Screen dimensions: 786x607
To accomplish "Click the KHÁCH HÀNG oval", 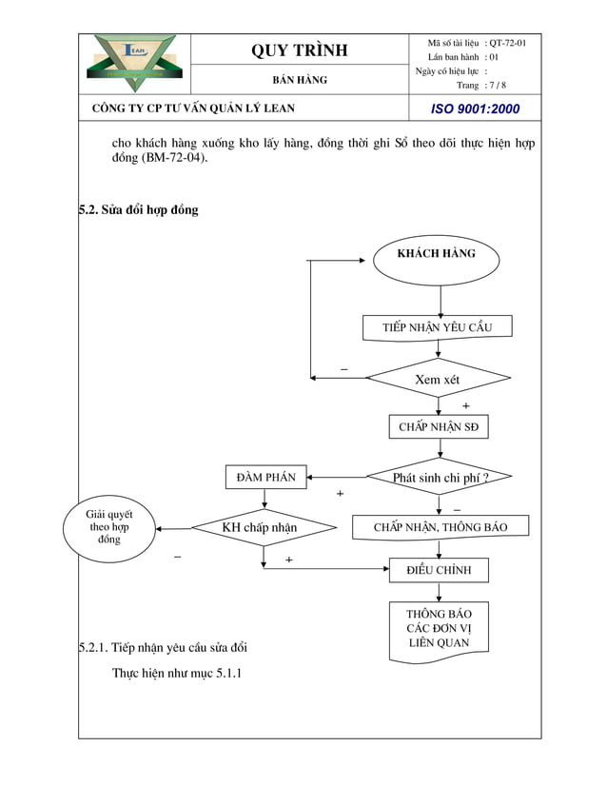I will pos(436,254).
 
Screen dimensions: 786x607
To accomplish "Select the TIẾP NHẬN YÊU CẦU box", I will pos(438,327).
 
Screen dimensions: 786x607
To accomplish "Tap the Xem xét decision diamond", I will pos(438,379).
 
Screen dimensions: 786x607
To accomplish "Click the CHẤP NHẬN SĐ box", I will pos(439,427).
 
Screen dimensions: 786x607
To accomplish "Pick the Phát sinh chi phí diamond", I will pos(440,477).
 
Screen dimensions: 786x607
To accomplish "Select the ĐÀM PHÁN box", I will pos(266,477).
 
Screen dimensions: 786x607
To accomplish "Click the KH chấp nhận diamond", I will pos(260,527).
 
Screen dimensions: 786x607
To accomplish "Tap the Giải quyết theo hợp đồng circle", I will pos(109,526).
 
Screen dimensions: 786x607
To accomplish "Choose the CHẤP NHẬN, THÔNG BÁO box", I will pos(441,526).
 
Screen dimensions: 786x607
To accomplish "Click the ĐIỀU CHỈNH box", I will pos(440,570).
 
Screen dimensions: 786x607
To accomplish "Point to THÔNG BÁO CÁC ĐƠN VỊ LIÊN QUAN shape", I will pos(440,628).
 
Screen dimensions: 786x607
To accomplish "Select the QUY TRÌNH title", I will pos(300,50).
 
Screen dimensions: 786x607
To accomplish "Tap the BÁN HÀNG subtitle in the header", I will pos(300,80).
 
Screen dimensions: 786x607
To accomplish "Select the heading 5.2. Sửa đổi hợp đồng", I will pos(139,209).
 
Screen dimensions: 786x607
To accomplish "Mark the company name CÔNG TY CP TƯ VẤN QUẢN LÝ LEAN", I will pos(193,108).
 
